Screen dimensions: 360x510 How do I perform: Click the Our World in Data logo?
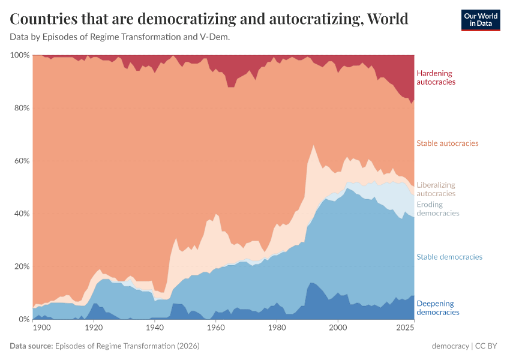click(x=480, y=20)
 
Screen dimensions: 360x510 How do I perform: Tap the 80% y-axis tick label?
click(x=21, y=108)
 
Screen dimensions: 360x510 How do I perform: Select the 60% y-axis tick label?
click(x=21, y=161)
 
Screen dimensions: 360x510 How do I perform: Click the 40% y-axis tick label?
click(x=21, y=214)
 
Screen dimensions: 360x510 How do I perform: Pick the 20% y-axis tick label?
click(x=21, y=266)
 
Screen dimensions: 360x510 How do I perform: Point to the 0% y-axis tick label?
click(x=23, y=319)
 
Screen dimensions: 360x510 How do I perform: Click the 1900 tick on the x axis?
click(x=41, y=328)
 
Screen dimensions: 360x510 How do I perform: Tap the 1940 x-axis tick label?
click(x=154, y=328)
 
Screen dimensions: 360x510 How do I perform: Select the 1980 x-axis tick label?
click(x=277, y=328)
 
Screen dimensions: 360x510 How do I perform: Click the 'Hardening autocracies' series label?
click(x=436, y=77)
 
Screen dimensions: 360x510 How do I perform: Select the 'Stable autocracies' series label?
click(x=447, y=143)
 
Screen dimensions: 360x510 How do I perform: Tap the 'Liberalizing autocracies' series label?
click(x=436, y=190)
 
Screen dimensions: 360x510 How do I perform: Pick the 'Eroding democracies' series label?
click(x=437, y=209)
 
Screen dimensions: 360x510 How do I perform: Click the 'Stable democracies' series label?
click(x=449, y=257)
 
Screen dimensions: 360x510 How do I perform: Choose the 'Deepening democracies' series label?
click(x=437, y=308)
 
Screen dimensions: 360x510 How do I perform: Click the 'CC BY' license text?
click(x=487, y=346)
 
